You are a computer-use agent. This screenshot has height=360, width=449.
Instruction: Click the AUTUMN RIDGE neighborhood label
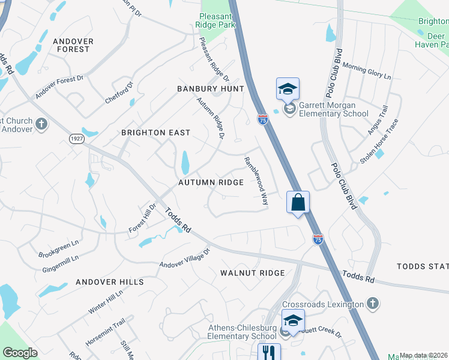pyautogui.click(x=211, y=182)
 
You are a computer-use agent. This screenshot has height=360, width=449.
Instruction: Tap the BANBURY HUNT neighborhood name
pyautogui.click(x=210, y=89)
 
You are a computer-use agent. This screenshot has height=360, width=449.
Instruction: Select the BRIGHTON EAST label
pyautogui.click(x=155, y=133)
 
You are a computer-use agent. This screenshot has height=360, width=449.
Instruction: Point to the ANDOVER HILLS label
pyautogui.click(x=110, y=282)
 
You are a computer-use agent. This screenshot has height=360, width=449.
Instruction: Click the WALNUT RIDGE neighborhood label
pyautogui.click(x=252, y=273)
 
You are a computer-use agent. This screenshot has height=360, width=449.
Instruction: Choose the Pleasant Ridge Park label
pyautogui.click(x=215, y=20)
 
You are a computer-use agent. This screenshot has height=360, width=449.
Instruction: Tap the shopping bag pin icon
pyautogui.click(x=298, y=202)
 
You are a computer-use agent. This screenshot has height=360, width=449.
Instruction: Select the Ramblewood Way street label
pyautogui.click(x=255, y=181)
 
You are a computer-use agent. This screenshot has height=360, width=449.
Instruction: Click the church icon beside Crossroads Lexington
pyautogui.click(x=373, y=303)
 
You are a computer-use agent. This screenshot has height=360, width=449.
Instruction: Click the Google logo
pyautogui.click(x=20, y=353)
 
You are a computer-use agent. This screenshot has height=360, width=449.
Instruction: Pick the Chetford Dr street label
pyautogui.click(x=115, y=89)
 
